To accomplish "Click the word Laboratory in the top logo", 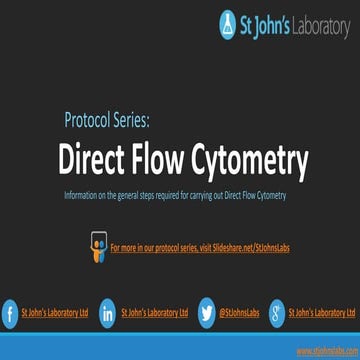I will point(317,24).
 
